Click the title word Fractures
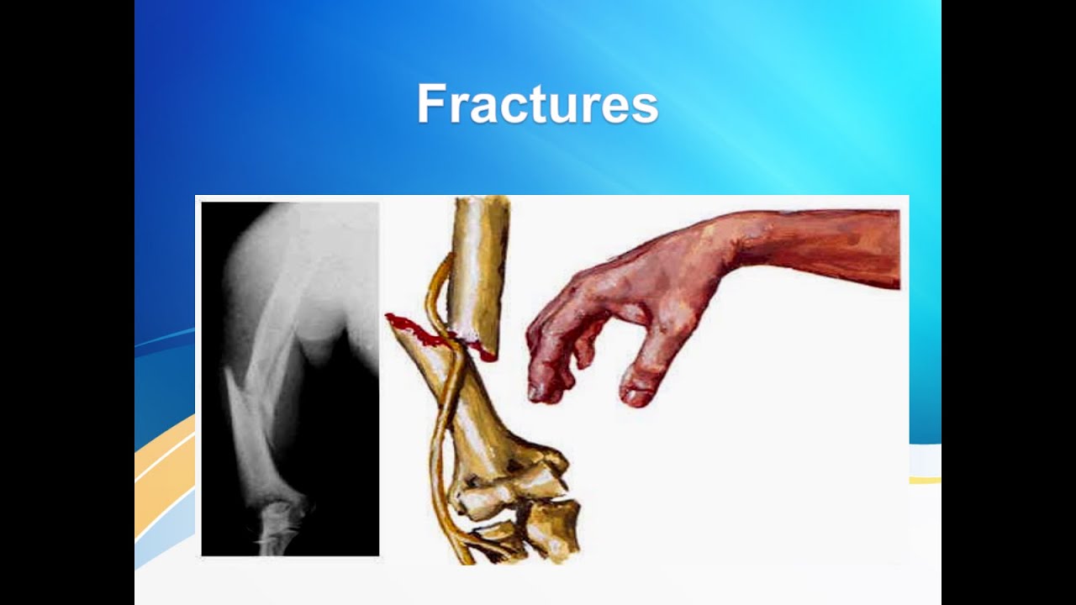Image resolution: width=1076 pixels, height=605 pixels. tap(537, 104)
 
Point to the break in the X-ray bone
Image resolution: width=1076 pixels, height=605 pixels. tap(252, 370)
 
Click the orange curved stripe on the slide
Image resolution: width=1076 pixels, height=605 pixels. tap(164, 471)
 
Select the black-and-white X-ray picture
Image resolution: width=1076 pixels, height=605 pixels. tap(290, 378)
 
